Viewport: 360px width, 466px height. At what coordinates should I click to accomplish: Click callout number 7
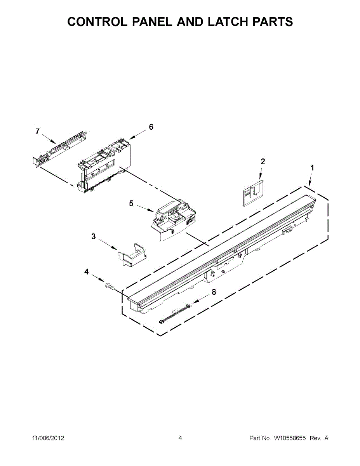point(37,132)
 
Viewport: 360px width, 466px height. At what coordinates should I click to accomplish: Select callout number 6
point(151,127)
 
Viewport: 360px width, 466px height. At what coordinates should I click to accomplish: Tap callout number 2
point(263,162)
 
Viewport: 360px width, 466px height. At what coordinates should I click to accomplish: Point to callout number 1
point(312,168)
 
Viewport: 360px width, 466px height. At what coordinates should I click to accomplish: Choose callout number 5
point(131,203)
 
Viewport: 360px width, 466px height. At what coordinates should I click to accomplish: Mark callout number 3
point(94,236)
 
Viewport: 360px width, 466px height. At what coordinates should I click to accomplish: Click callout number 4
point(87,272)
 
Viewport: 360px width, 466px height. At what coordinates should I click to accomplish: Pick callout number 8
point(214,292)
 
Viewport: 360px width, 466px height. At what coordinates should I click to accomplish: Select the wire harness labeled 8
point(175,314)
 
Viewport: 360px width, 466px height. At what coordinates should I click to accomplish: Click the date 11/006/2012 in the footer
point(48,438)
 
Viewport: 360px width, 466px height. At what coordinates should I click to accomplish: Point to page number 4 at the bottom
point(180,438)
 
